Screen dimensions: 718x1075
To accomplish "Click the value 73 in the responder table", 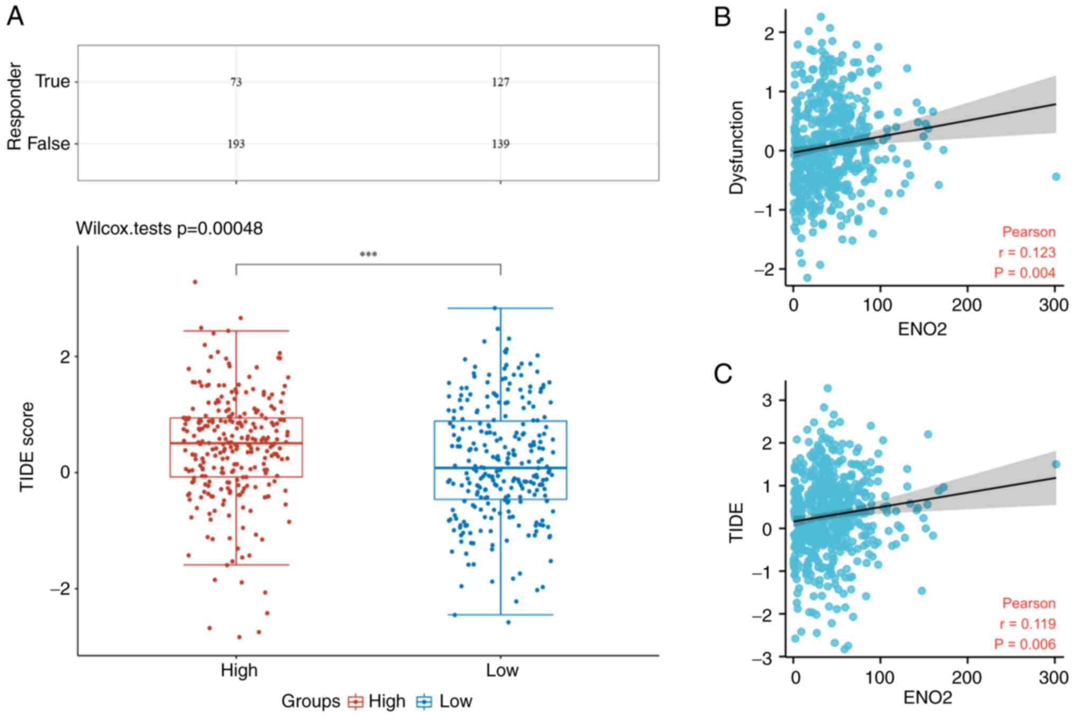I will click(236, 82).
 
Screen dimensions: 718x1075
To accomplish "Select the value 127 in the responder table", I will click(500, 82).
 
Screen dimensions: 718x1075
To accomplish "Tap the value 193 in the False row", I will click(236, 144).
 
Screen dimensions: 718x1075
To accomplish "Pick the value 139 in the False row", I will click(500, 144).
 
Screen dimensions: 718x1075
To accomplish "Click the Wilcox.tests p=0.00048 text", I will click(169, 229).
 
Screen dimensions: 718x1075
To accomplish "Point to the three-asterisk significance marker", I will click(368, 255).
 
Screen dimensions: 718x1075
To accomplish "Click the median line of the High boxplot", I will click(236, 443).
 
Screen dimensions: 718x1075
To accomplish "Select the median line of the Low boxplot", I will click(500, 468).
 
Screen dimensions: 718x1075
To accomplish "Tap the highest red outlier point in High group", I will click(195, 282).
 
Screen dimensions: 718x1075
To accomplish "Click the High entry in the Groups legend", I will click(377, 702).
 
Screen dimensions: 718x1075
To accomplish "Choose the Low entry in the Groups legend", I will click(445, 702).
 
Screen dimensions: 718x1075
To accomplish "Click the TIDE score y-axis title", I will click(26, 447).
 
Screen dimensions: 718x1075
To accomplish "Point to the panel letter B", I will click(723, 17).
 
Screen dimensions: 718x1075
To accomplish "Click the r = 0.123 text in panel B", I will click(1027, 252).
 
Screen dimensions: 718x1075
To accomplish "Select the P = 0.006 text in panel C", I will click(1025, 644).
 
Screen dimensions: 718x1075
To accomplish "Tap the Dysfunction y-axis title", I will click(736, 148).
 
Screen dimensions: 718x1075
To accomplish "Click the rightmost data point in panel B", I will click(1056, 177).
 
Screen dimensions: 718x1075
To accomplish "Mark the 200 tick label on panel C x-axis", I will click(967, 678).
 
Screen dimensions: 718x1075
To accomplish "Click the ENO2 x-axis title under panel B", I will click(923, 329).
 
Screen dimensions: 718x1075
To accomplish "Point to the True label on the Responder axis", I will click(52, 81).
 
